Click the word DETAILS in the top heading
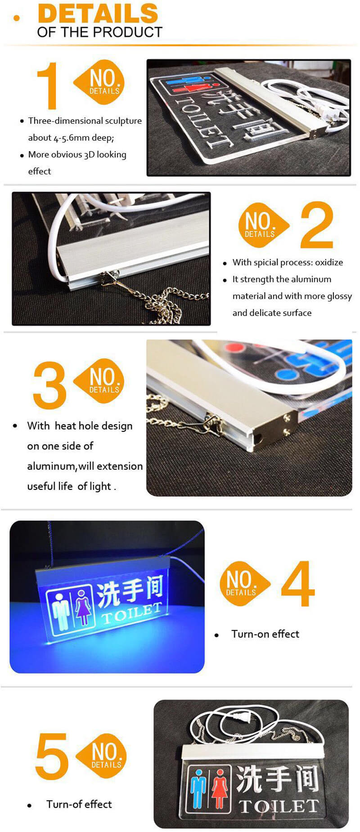coord(98,13)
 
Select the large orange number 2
coord(317,225)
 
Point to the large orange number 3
coord(49,385)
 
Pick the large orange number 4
coord(297,583)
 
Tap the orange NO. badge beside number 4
coord(243,583)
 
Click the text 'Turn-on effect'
coord(265,634)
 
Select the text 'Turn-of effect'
coord(79,804)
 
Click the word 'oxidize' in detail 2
coord(329,263)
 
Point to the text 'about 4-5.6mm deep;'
coord(71,138)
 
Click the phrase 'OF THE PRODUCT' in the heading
coord(99,32)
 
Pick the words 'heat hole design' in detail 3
coord(94,426)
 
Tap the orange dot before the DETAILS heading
coord(17,18)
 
